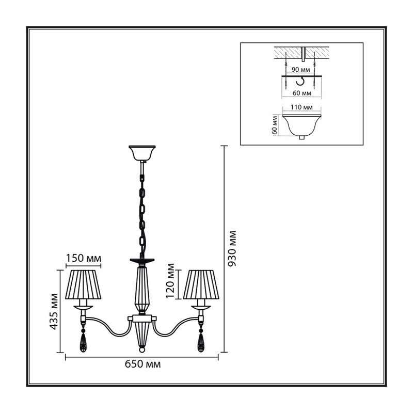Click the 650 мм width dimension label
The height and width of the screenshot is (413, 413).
coord(142,364)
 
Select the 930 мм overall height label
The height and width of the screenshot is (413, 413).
coord(232,248)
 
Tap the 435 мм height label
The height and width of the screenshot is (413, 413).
coord(54,311)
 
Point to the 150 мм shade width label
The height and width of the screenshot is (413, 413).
coord(83,259)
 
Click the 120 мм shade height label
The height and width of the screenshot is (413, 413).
coord(170,281)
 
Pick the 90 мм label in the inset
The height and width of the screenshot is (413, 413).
coord(300,70)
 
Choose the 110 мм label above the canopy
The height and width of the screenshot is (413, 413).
coord(301,107)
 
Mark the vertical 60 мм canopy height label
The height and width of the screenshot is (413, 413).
coord(275,125)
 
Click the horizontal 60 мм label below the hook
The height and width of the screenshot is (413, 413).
coord(302,93)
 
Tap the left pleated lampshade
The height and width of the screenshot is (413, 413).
coord(83,284)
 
